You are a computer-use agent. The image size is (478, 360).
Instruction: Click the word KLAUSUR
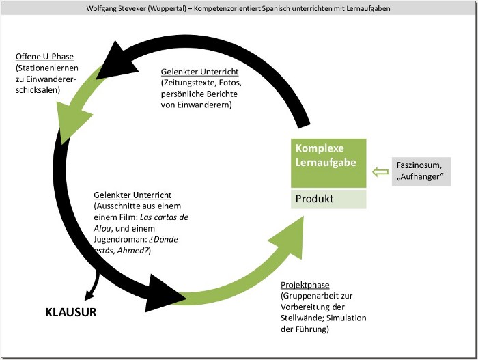(x=71, y=313)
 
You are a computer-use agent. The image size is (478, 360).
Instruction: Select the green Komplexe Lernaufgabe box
(x=328, y=163)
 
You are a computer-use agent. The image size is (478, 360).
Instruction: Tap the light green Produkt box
(x=328, y=199)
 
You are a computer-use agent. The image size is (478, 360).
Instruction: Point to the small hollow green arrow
(x=380, y=172)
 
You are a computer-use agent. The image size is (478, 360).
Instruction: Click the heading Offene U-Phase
(x=44, y=56)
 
